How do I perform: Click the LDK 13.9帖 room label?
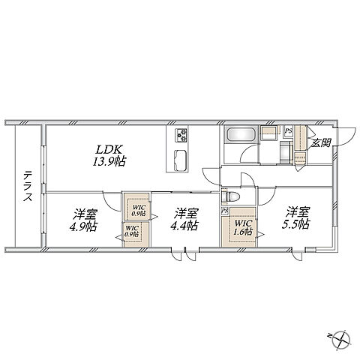click(x=109, y=155)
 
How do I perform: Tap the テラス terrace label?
click(x=28, y=186)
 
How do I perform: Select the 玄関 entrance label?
click(x=321, y=142)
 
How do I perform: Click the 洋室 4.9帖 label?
click(x=83, y=220)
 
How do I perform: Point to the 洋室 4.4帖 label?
click(x=184, y=219)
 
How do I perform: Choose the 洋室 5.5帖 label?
click(x=296, y=217)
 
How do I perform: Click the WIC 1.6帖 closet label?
click(x=242, y=227)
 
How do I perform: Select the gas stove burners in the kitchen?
click(x=181, y=135)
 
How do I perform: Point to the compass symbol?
click(x=340, y=340)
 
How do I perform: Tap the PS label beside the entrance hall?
click(x=289, y=130)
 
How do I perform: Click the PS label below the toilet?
click(x=225, y=211)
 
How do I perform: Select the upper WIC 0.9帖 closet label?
click(x=139, y=211)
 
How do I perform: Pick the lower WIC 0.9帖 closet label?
click(x=132, y=231)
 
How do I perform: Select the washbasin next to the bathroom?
click(x=268, y=133)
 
